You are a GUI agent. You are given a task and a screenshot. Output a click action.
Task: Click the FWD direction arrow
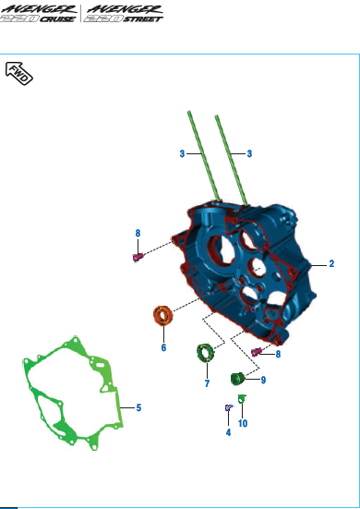click(19, 74)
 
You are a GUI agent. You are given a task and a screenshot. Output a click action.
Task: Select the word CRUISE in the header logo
click(57, 18)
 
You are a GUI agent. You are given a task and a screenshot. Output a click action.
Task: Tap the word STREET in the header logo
click(142, 18)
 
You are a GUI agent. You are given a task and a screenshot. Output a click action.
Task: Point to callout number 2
click(331, 263)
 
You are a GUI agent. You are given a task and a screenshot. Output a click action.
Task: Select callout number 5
click(138, 407)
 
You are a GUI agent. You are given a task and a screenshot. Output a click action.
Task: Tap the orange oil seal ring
click(163, 315)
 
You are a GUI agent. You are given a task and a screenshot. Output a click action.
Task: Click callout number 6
click(163, 347)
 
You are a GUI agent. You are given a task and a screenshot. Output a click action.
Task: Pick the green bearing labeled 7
click(205, 353)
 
